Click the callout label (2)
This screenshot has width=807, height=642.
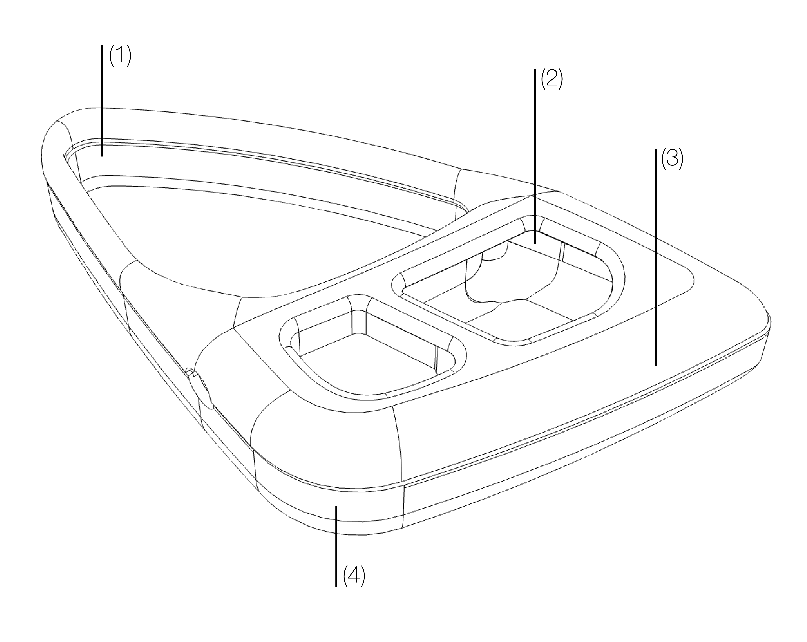point(552,79)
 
